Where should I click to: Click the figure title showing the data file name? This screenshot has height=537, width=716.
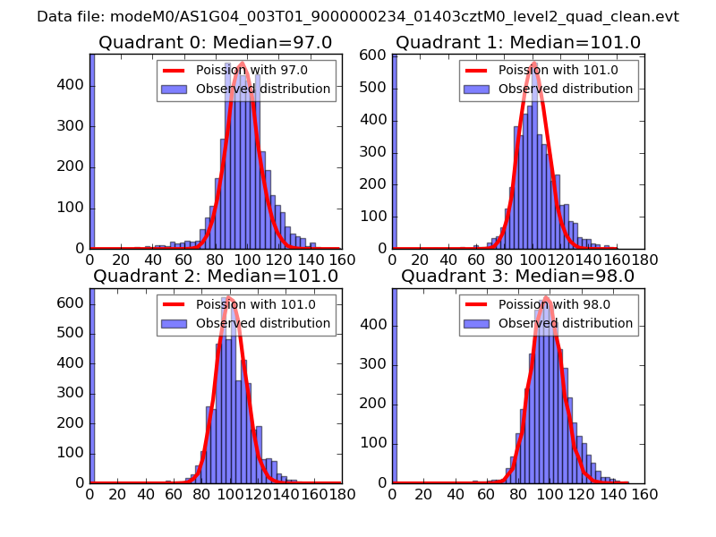358,17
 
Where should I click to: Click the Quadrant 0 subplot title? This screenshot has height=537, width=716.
215,42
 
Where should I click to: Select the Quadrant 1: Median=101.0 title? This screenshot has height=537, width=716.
518,42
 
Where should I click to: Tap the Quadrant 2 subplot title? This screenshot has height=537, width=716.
216,276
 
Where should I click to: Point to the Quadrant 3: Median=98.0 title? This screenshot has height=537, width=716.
518,276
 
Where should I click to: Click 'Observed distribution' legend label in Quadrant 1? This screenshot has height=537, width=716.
566,89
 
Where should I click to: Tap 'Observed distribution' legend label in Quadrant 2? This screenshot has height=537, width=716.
263,323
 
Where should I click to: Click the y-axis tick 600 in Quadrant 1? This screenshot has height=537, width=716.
376,55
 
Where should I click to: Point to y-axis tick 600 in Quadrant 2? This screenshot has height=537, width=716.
73,303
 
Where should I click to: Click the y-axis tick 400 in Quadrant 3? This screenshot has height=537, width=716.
376,323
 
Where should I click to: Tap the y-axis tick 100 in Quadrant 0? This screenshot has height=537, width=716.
73,208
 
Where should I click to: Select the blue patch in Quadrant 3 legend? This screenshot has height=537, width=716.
478,323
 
